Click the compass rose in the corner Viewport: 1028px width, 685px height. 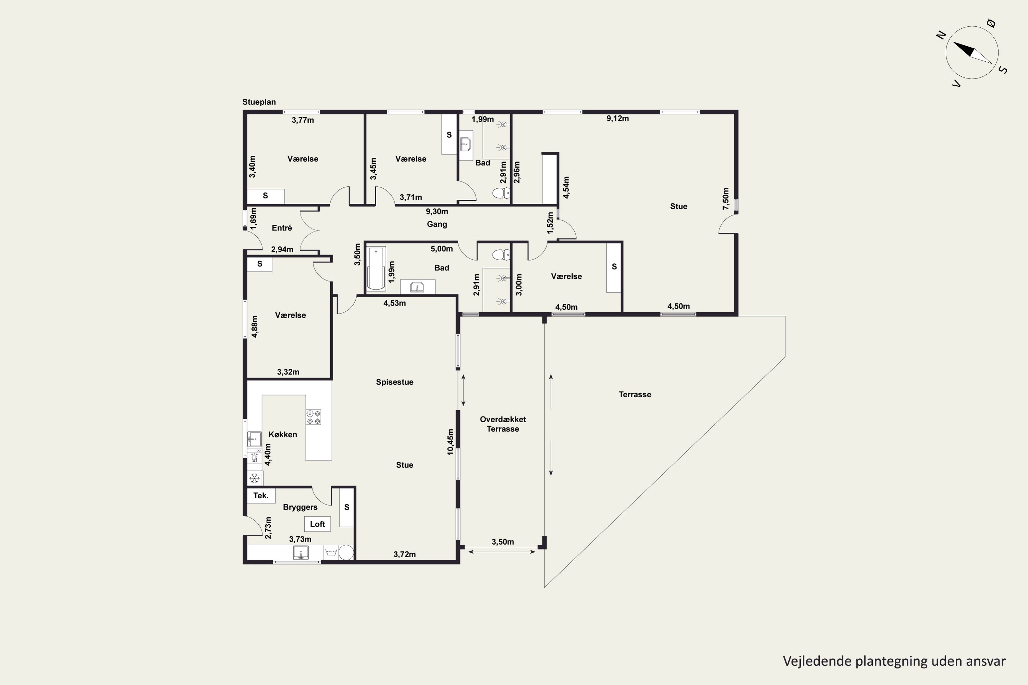972,53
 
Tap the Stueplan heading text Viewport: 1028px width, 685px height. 259,102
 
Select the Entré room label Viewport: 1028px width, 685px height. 282,228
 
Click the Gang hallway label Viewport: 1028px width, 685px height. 437,224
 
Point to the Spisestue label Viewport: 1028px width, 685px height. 395,382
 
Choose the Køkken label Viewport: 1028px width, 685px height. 283,434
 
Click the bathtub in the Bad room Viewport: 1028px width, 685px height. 376,269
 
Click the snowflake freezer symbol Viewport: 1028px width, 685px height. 255,478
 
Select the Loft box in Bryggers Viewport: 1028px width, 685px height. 317,524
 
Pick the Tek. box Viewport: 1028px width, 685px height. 261,495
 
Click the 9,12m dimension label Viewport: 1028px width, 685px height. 617,119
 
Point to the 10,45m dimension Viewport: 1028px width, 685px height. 451,442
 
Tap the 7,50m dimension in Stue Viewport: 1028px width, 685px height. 725,199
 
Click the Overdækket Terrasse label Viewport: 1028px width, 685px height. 503,424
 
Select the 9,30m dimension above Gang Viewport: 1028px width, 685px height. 437,211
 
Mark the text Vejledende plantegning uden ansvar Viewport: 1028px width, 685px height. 894,661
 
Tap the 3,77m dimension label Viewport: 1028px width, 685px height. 303,120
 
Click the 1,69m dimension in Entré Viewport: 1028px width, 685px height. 253,219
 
